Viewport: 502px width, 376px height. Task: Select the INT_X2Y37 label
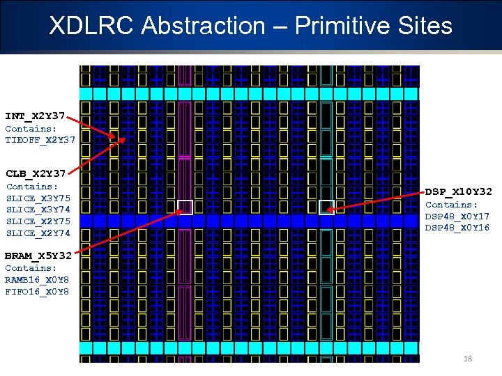point(35,116)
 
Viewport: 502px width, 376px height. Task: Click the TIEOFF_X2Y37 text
point(40,139)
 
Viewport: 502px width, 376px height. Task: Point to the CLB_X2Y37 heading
point(36,173)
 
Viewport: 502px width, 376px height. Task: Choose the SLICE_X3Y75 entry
point(38,198)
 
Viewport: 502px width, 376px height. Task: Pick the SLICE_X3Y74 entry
point(38,210)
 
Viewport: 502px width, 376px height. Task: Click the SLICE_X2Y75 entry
point(38,221)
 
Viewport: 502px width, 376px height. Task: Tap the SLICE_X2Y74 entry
point(38,233)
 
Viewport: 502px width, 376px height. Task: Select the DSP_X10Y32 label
point(459,191)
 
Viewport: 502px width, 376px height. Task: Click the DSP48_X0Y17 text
point(457,217)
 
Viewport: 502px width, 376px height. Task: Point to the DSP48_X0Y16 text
point(457,228)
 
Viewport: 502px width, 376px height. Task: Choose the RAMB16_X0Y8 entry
point(37,280)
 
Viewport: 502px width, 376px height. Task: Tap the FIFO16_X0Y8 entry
point(37,292)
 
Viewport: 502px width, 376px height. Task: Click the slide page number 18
point(468,359)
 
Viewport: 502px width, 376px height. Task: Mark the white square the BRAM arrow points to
point(185,207)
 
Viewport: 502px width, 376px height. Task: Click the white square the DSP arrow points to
point(327,207)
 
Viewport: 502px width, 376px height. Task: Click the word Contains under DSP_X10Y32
point(449,205)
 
